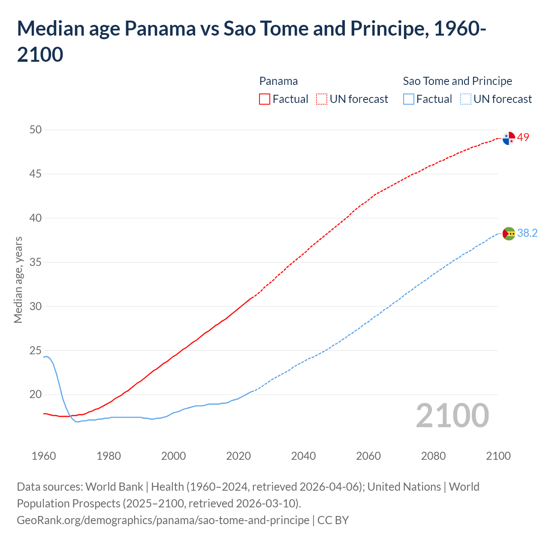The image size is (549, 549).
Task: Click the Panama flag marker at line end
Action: (508, 139)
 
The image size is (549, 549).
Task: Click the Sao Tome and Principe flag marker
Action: (508, 234)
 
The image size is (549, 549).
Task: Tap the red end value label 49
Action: (523, 138)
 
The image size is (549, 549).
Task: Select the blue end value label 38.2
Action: (527, 233)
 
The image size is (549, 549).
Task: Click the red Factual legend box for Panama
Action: (265, 99)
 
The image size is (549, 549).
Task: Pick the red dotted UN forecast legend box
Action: (322, 99)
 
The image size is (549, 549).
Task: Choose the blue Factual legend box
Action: (409, 99)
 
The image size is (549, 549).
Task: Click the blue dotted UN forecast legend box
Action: (465, 99)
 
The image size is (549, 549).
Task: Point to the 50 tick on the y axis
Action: (36, 130)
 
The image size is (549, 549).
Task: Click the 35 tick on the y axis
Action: (36, 262)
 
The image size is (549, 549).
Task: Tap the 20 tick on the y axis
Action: (36, 394)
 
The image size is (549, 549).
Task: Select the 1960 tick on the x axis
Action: (44, 456)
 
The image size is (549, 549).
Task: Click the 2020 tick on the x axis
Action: (238, 456)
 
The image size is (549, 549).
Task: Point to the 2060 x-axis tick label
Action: (368, 456)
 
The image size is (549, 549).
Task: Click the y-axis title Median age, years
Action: (18, 280)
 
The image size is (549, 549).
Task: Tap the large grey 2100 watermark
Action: (452, 416)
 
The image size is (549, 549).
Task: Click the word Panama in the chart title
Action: (160, 29)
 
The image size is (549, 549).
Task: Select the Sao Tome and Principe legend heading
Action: (457, 81)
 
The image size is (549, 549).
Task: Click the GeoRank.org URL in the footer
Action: (163, 520)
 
